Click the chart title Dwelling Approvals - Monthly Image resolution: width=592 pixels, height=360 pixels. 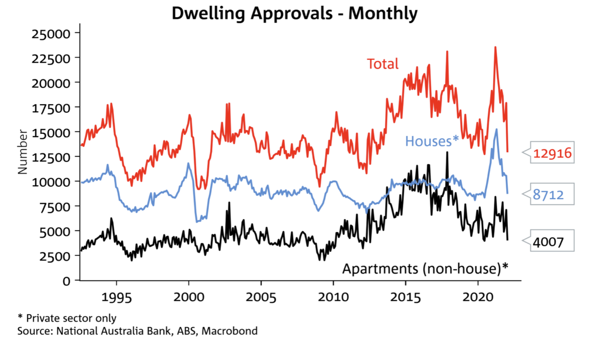(x=294, y=13)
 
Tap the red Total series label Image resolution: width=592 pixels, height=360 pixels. (x=382, y=64)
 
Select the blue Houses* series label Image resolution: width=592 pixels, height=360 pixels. (x=432, y=140)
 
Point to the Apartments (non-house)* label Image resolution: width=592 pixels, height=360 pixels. (x=426, y=269)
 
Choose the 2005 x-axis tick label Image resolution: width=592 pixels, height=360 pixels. (x=261, y=297)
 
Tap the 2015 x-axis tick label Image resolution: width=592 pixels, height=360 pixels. (x=406, y=297)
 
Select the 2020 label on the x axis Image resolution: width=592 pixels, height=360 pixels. (x=478, y=297)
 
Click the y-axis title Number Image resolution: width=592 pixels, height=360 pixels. (x=23, y=152)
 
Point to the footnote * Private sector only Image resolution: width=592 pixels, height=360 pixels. (x=66, y=319)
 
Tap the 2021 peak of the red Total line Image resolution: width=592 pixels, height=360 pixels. (x=495, y=47)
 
